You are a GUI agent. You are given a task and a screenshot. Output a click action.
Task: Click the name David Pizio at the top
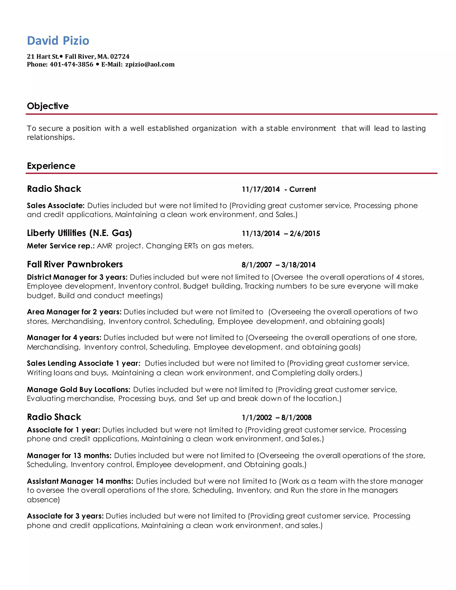tap(58, 41)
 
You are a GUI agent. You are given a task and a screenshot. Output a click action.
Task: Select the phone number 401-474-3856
tap(71, 65)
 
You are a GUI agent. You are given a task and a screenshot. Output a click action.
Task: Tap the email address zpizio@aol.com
tap(150, 65)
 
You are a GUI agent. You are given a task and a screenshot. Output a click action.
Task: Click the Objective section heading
tap(48, 106)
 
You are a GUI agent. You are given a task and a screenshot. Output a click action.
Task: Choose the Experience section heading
tap(51, 166)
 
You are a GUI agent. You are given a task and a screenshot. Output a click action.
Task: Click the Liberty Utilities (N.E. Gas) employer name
tap(79, 233)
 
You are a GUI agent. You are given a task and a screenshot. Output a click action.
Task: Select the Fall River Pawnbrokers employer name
tap(75, 264)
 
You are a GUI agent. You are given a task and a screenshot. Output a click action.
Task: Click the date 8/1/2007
tap(257, 265)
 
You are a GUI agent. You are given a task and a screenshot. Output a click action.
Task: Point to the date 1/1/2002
tap(257, 418)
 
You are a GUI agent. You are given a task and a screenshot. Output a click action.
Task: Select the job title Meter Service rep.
tap(61, 246)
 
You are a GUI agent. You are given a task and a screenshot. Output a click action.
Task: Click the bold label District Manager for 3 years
tap(77, 277)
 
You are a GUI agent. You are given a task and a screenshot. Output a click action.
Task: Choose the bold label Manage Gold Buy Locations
tap(79, 390)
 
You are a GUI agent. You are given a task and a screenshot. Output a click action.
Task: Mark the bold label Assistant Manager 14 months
tap(80, 481)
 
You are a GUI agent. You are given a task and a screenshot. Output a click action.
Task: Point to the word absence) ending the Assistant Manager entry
tap(43, 500)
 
